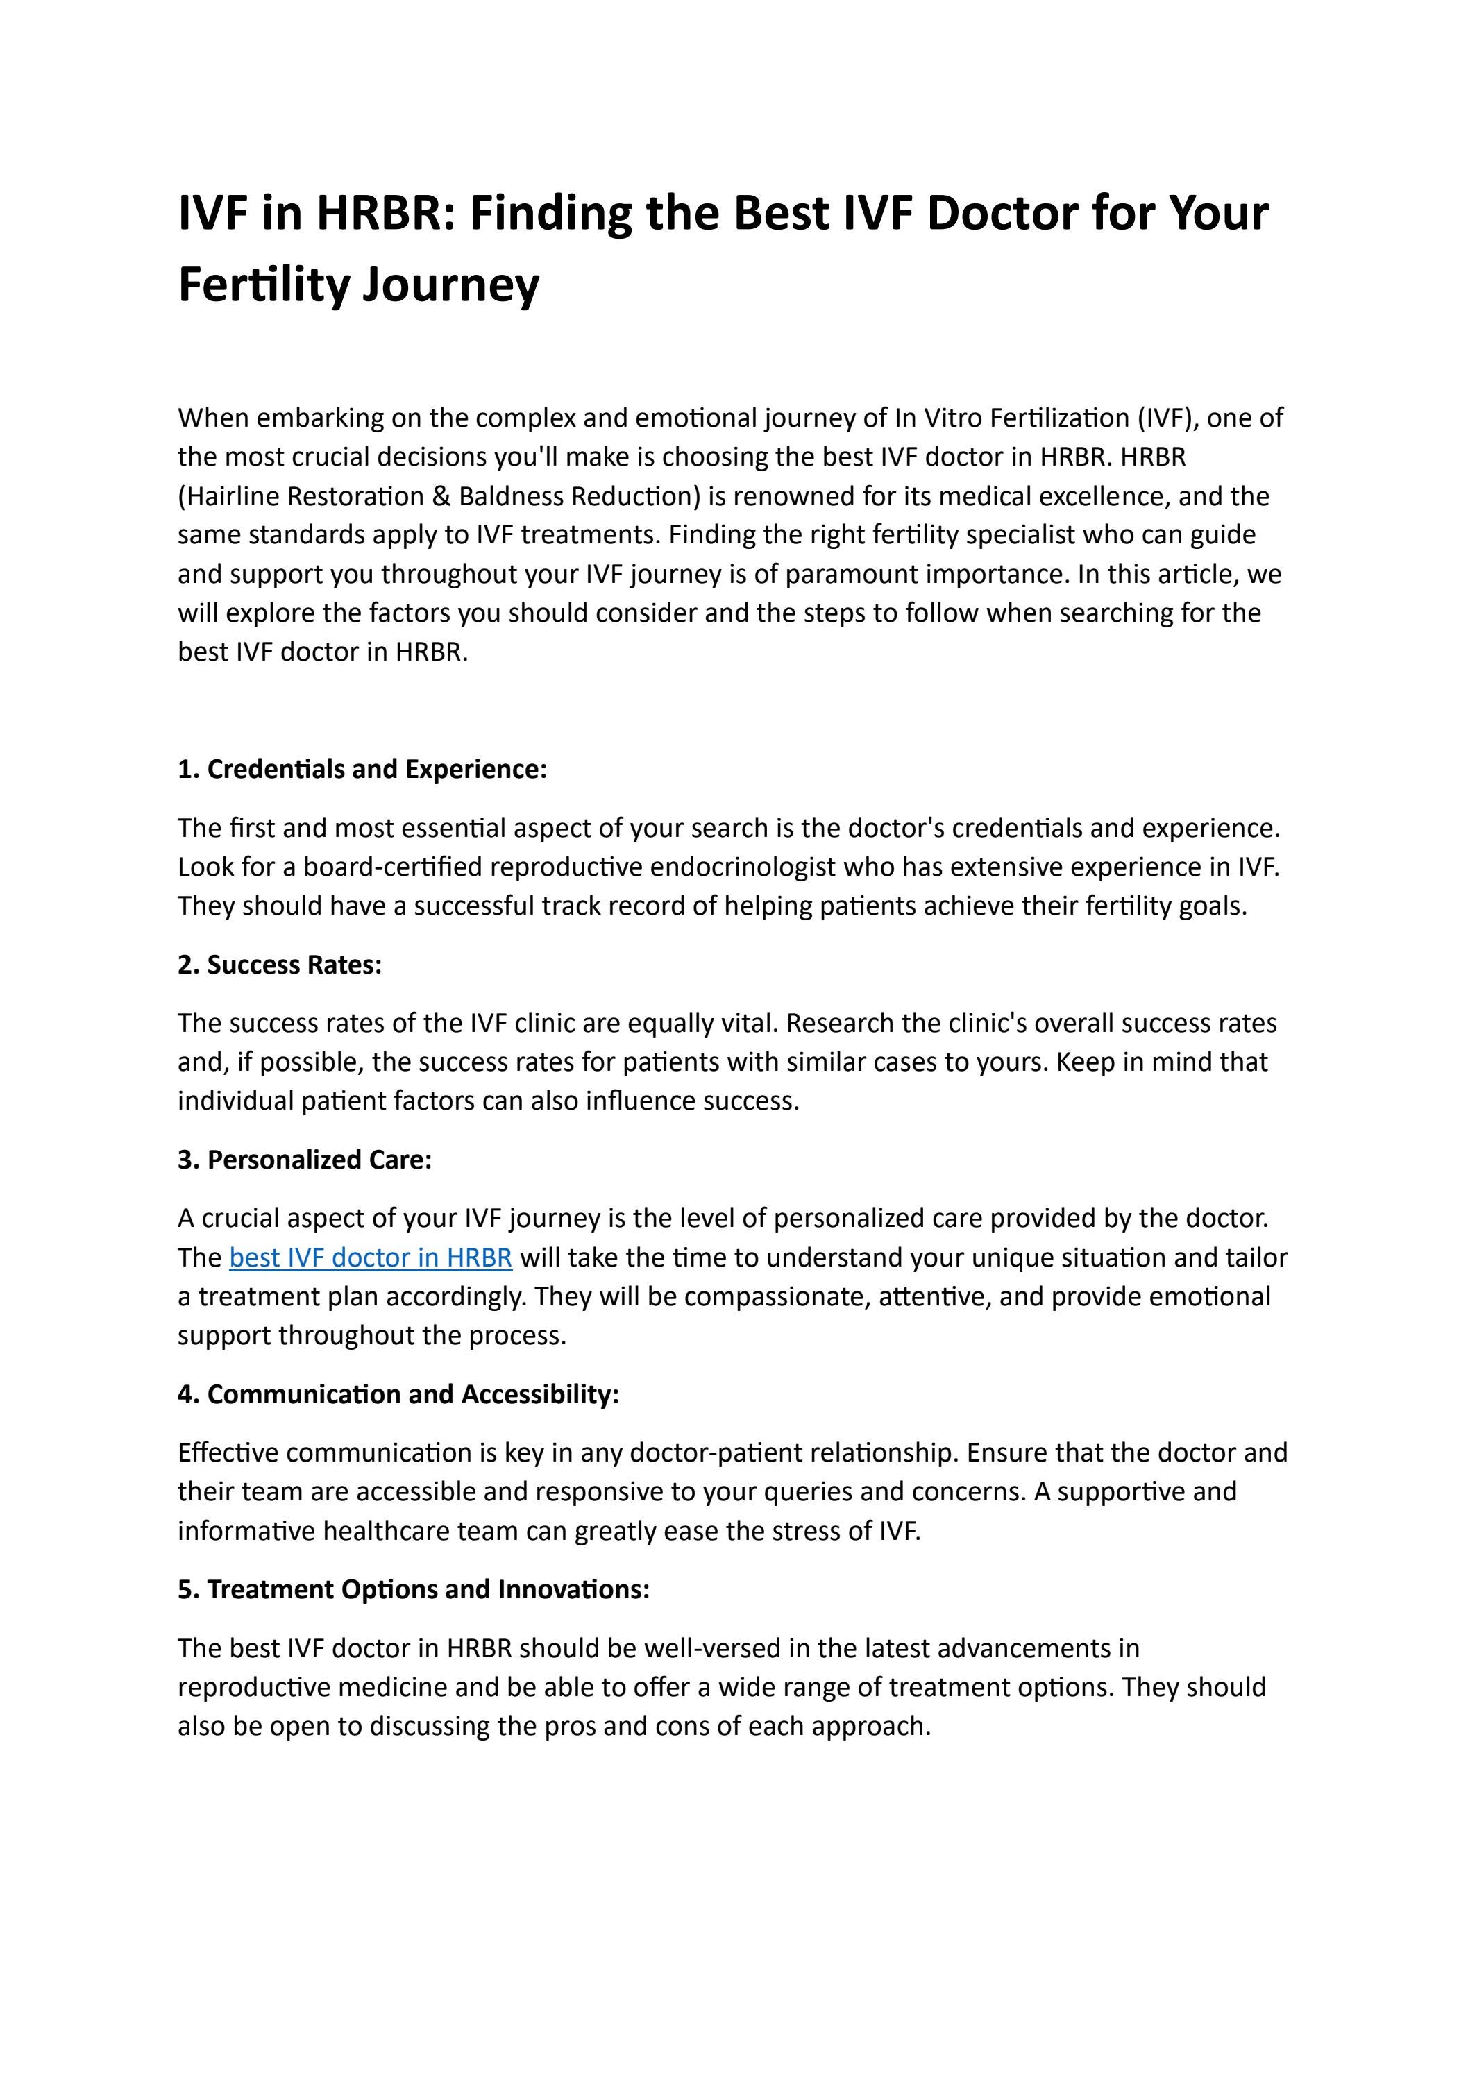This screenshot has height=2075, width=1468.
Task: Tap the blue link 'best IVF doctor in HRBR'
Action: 371,1257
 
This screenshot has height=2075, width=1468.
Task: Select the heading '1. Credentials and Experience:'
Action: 362,769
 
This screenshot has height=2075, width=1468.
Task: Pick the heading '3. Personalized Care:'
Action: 305,1160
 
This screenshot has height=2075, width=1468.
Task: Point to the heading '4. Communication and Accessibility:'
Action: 398,1394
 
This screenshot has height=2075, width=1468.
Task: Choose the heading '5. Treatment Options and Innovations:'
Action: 414,1589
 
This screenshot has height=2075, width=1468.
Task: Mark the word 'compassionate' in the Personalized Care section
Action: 773,1296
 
